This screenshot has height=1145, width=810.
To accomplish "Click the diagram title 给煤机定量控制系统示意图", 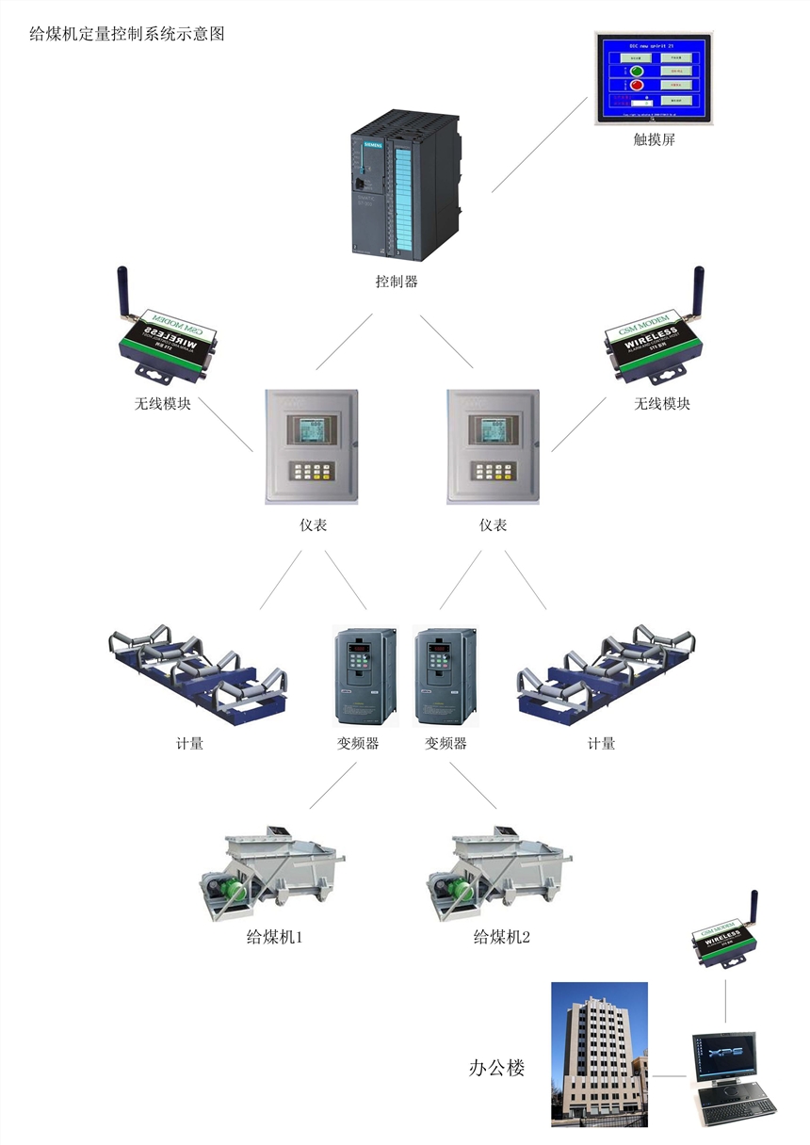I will [127, 35].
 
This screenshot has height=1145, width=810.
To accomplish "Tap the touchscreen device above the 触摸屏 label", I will [654, 79].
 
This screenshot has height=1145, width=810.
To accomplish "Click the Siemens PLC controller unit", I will [405, 185].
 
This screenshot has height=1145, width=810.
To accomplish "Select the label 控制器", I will [396, 282].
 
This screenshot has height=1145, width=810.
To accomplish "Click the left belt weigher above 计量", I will [198, 673].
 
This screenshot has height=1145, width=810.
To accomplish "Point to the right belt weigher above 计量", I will [607, 673].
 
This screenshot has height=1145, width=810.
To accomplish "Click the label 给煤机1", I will [274, 938].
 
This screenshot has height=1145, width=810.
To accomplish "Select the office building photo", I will [600, 1054].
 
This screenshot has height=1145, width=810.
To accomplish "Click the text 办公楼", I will [496, 1068].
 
